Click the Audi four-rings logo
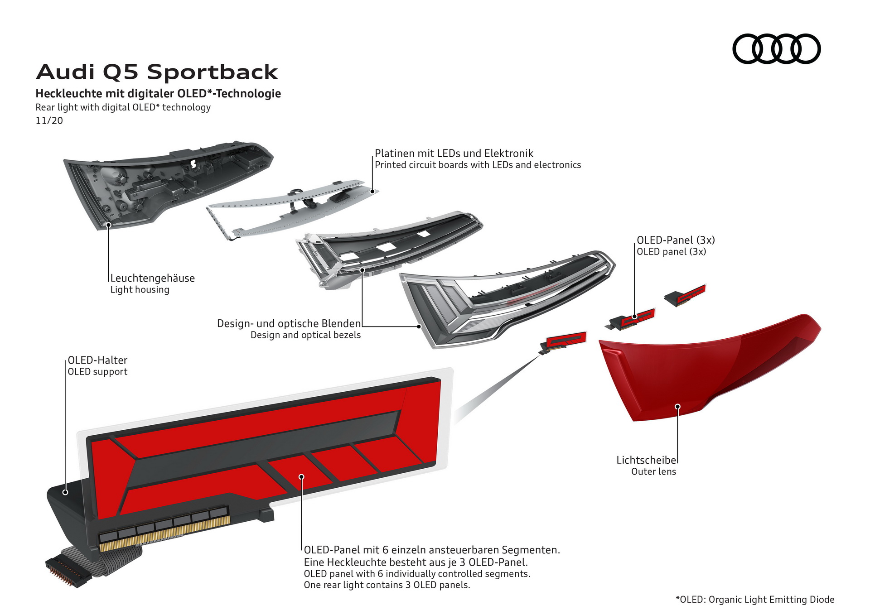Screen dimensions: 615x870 coord(776,48)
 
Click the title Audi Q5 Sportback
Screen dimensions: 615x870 coord(157,72)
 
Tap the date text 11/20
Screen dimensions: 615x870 coord(49,120)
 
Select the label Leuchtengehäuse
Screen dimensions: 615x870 coord(152,278)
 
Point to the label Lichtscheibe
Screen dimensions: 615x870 coord(646,460)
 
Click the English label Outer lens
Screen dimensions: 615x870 coord(653,472)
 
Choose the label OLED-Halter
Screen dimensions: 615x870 coord(97,360)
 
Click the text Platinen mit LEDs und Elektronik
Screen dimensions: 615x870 coord(454,153)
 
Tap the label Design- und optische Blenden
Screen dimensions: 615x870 coord(289,323)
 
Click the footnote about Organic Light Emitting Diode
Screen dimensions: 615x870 coord(755,600)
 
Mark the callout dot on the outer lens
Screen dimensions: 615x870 coord(678,407)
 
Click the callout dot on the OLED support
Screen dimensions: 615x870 coord(65,492)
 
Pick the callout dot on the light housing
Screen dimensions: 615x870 coord(109,225)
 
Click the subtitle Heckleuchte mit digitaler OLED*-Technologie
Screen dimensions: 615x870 coord(158,94)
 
